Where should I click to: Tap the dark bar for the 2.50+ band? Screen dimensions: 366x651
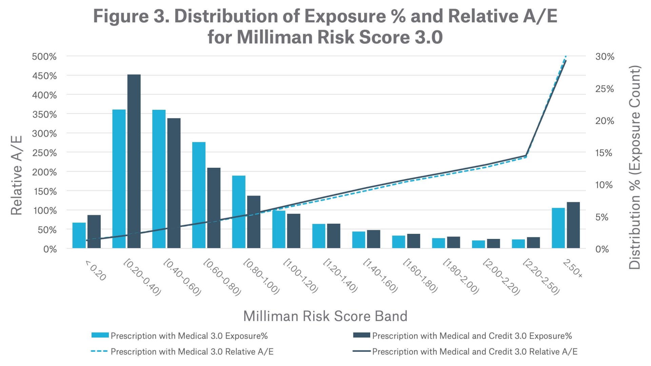click(573, 225)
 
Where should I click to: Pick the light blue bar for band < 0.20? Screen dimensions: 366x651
click(79, 235)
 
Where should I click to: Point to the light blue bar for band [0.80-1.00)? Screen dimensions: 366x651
click(239, 212)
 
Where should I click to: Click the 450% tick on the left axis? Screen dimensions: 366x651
click(44, 76)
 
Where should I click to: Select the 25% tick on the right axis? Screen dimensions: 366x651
click(605, 89)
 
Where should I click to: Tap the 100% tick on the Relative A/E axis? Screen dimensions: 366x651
click(45, 210)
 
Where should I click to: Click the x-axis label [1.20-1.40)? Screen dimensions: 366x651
click(340, 276)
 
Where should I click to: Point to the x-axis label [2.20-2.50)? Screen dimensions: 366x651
click(541, 277)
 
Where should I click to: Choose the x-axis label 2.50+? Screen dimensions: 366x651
click(573, 268)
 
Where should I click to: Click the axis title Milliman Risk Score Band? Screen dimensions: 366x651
click(325, 316)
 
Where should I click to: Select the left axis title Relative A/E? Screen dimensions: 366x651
click(16, 175)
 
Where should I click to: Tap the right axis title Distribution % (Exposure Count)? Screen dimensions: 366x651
click(634, 167)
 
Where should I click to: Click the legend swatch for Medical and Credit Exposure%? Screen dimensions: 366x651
click(361, 335)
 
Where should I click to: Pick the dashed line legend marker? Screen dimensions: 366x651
click(99, 351)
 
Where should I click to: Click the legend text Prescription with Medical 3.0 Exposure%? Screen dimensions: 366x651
click(189, 336)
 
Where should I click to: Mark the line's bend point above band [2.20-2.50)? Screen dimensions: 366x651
click(526, 156)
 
